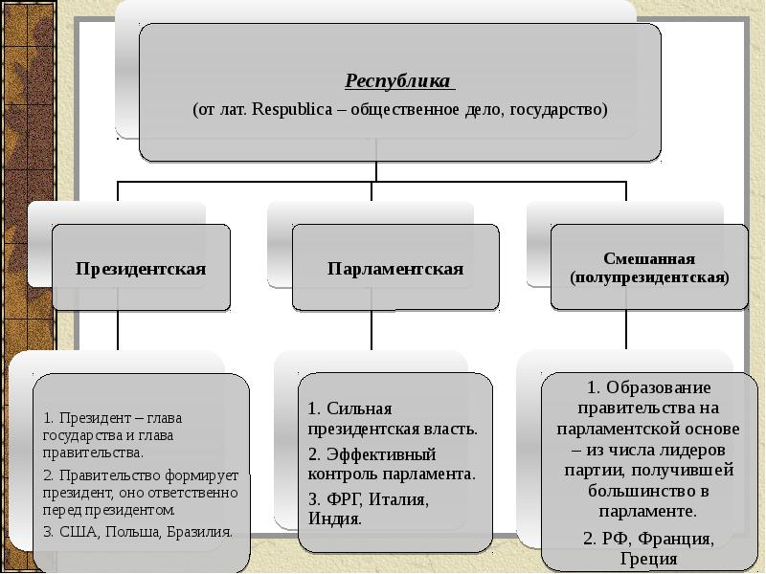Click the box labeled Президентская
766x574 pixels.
[141, 269]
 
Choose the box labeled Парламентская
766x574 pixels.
[394, 269]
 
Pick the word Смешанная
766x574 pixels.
[649, 259]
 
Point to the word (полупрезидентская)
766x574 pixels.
[649, 277]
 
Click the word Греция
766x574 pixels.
[648, 559]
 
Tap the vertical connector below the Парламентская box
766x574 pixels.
[372, 331]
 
